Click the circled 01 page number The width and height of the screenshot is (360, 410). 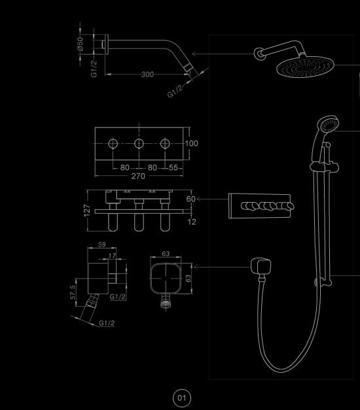(182, 398)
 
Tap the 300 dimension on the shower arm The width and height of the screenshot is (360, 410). (147, 75)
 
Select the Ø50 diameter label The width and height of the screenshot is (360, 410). (80, 44)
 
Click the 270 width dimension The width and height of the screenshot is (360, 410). (138, 176)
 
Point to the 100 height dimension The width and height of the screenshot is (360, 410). (192, 143)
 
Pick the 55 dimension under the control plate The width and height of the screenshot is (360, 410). (173, 167)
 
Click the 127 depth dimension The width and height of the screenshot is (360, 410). (86, 211)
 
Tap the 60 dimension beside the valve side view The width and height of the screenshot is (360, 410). (190, 199)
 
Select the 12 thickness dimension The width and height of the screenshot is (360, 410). (192, 222)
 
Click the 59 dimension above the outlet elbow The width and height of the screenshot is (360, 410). (102, 245)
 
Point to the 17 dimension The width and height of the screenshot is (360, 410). (112, 256)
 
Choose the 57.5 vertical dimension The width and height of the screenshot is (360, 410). (73, 292)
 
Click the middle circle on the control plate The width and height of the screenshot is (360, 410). (139, 144)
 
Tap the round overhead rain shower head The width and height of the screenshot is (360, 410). (305, 67)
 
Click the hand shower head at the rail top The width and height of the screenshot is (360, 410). (328, 124)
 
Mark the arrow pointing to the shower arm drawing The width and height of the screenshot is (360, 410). (223, 54)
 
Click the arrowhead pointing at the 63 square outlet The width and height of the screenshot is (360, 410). (194, 267)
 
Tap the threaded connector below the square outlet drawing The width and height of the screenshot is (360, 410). (166, 303)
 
